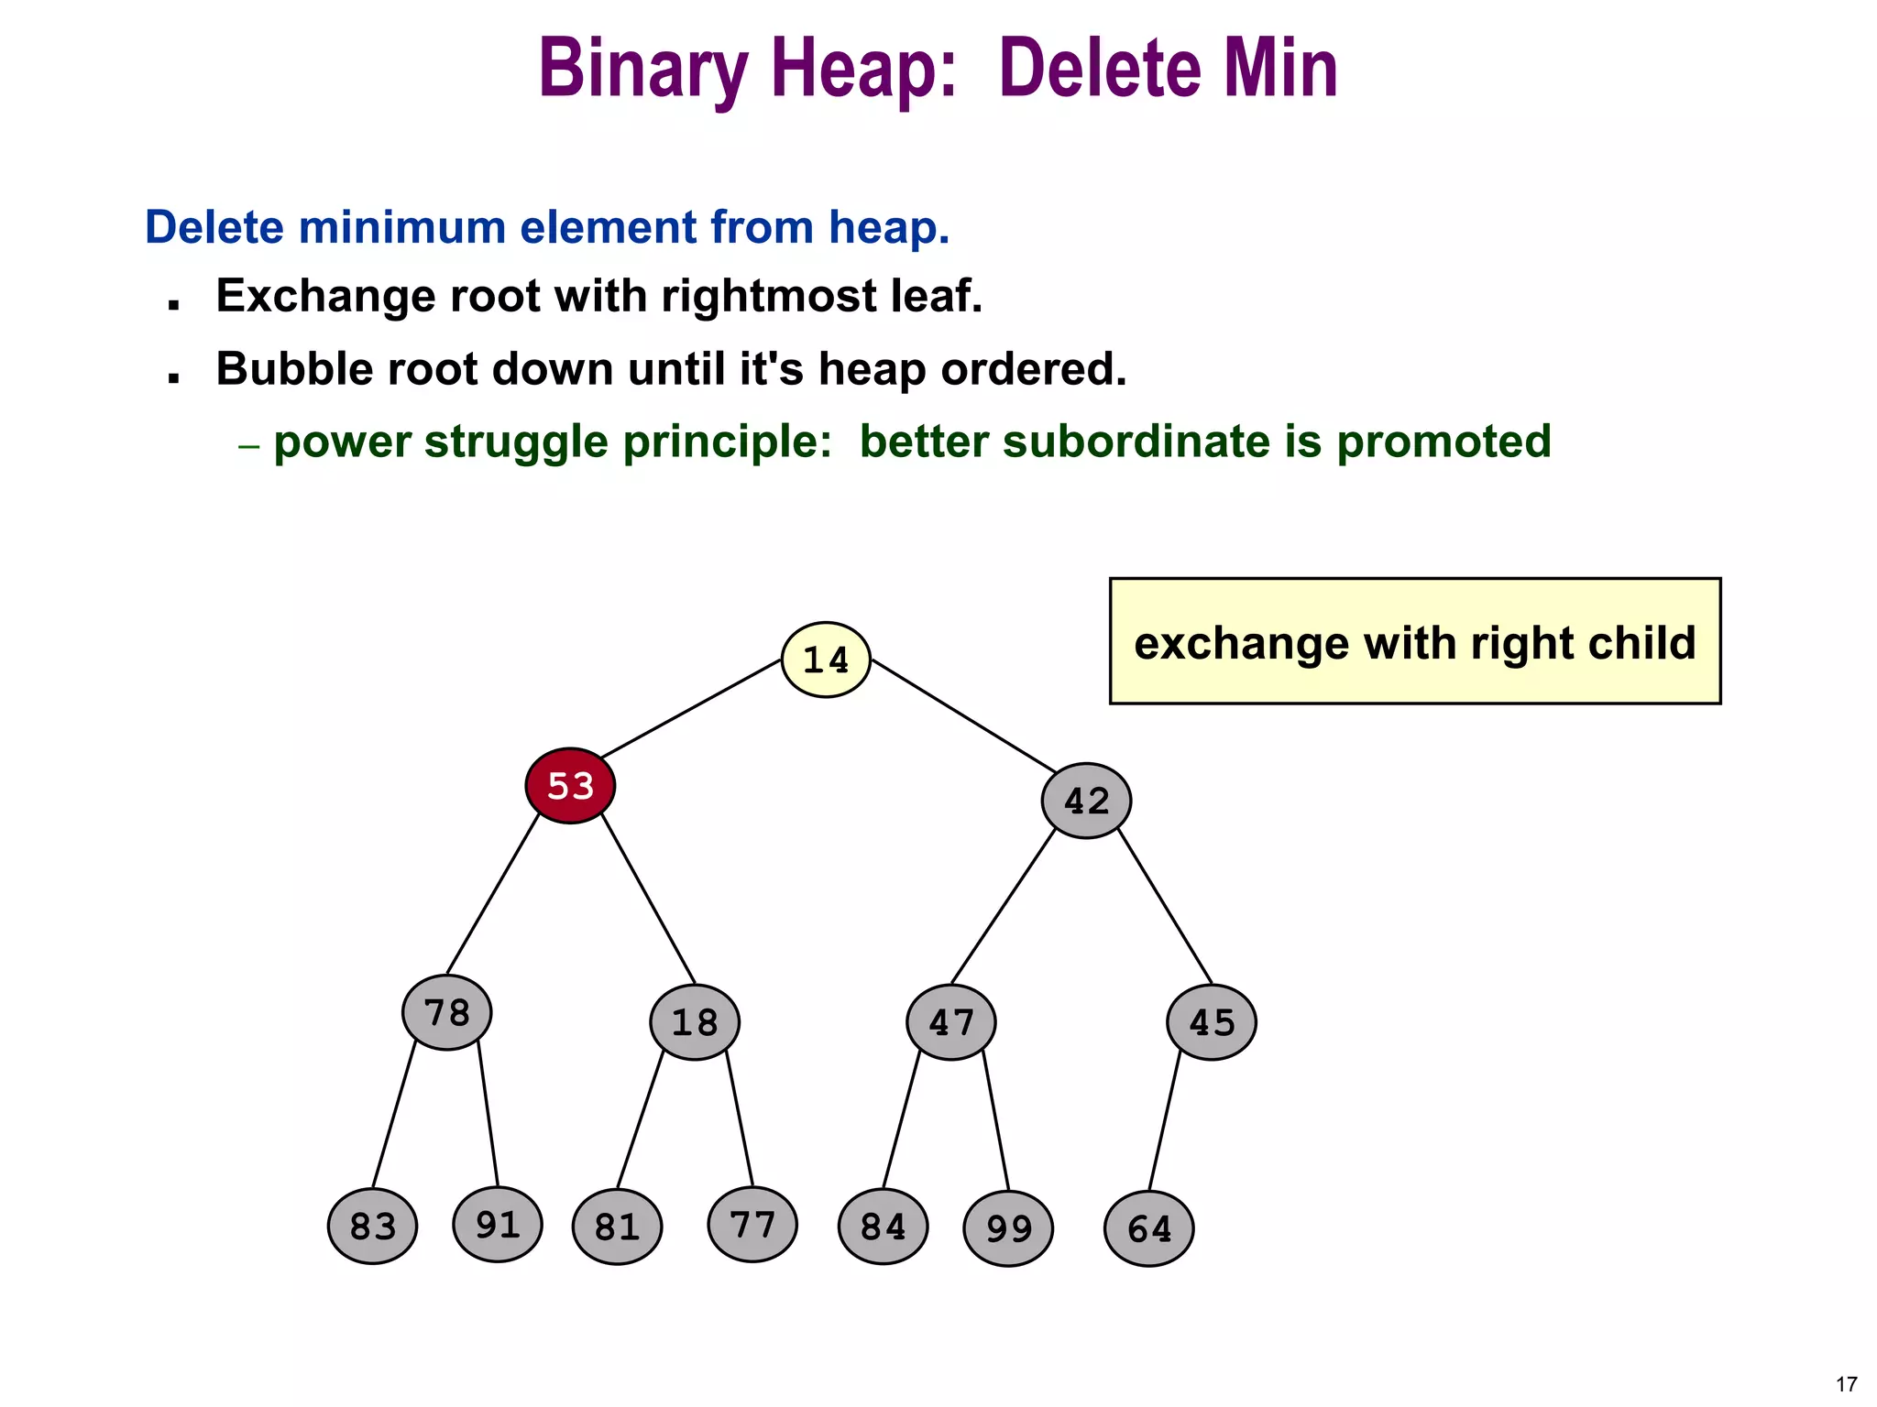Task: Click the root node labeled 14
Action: (826, 660)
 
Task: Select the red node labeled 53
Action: (570, 786)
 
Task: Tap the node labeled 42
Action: (1086, 802)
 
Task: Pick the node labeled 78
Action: (447, 1013)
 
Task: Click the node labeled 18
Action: (695, 1022)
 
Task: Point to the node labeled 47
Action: (951, 1022)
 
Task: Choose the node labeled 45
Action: (1212, 1022)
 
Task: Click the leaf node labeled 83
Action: (373, 1227)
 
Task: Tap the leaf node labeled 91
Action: (498, 1225)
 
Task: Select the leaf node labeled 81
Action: (617, 1227)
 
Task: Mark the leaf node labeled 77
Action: (752, 1225)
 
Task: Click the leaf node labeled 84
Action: (883, 1227)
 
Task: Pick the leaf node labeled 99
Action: (1008, 1229)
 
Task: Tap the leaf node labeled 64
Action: (1149, 1229)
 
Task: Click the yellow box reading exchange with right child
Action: (1414, 641)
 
